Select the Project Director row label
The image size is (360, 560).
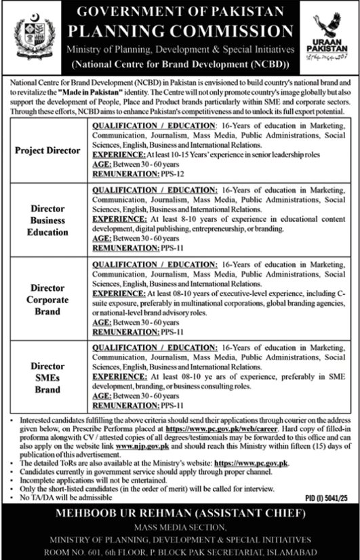47,150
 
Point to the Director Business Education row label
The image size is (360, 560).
47,220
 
